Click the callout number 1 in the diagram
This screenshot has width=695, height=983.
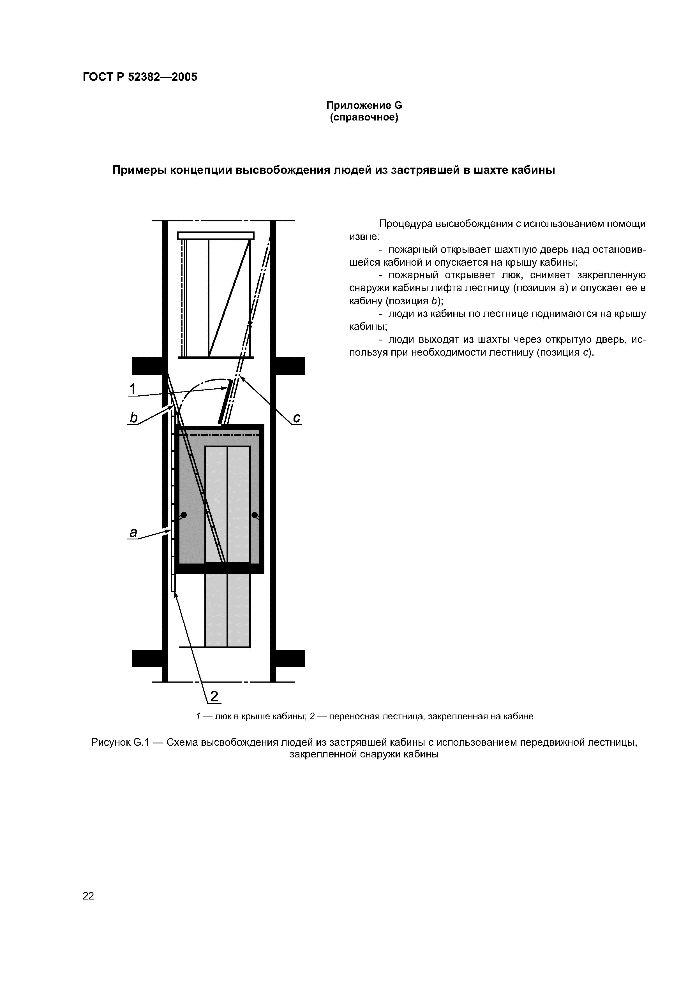(133, 389)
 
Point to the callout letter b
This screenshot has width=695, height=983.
(134, 418)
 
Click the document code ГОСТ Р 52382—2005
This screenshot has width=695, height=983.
(140, 77)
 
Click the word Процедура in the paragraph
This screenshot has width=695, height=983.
(405, 224)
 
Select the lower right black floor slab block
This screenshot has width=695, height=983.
(290, 659)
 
